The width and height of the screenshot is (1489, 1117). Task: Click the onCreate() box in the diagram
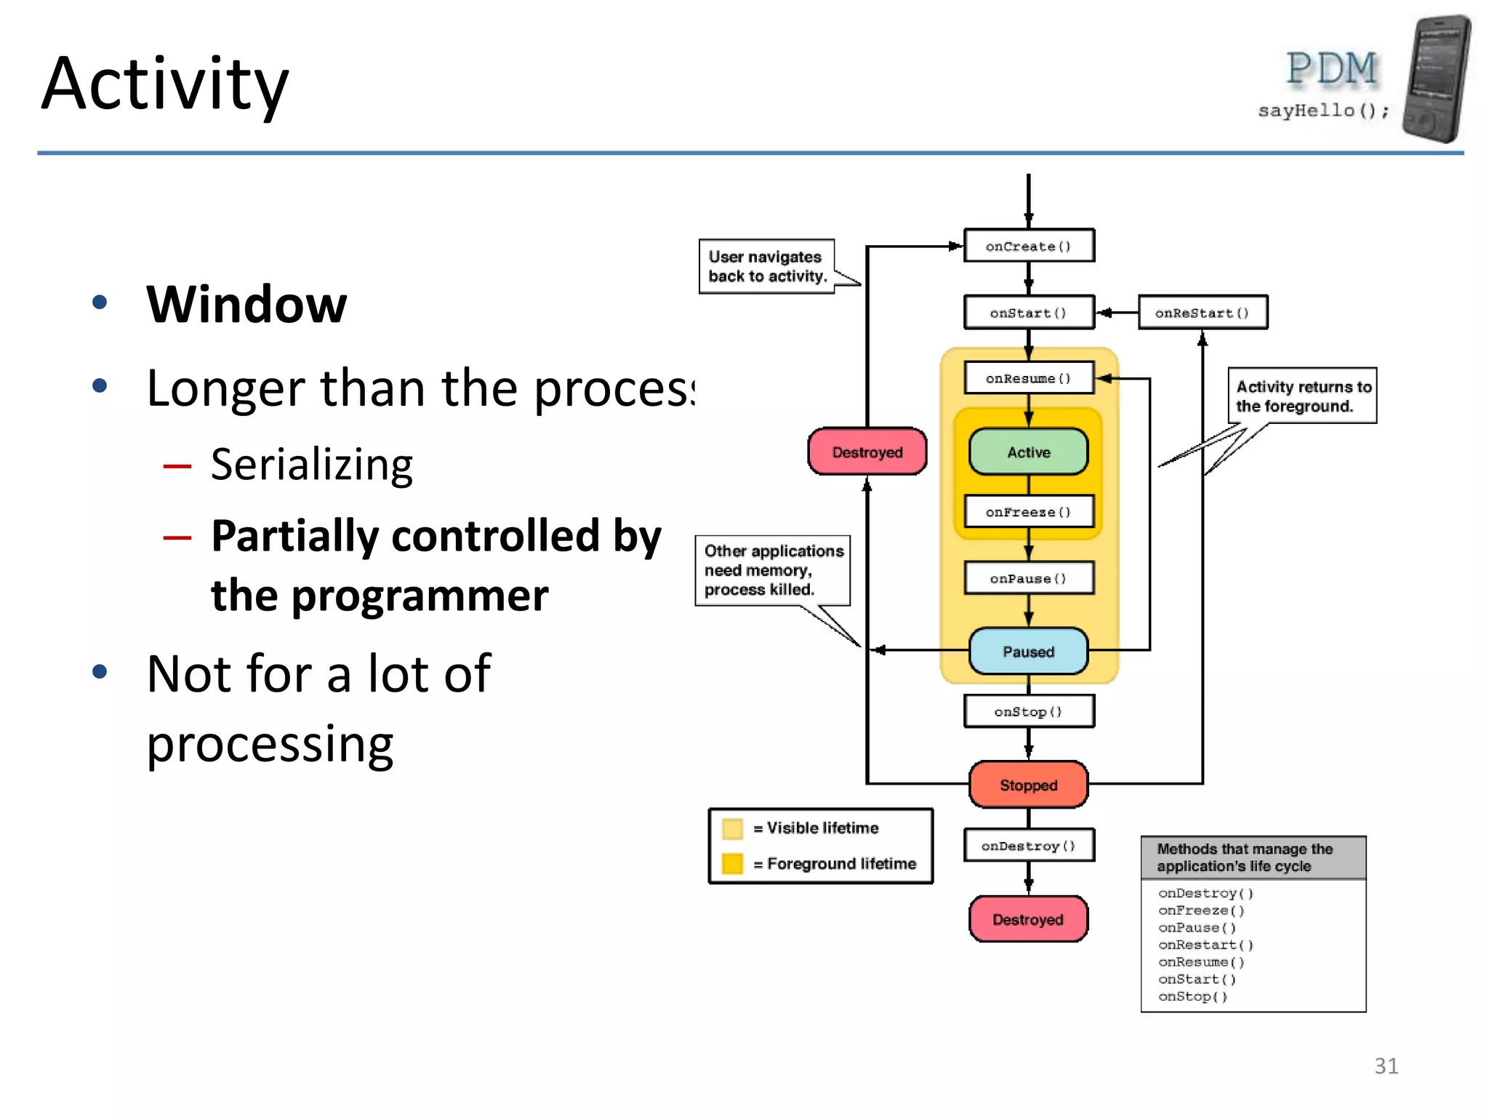[x=1028, y=246]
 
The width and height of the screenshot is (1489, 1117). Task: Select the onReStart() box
[x=1203, y=313]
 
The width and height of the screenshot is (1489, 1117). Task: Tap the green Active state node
[x=1028, y=452]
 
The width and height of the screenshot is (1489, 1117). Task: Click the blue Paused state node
[x=1028, y=652]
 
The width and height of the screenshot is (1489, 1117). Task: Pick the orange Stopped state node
[x=1028, y=785]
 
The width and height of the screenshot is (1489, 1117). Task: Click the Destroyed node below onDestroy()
[x=1028, y=919]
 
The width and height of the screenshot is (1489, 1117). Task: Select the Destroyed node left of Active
[x=867, y=452]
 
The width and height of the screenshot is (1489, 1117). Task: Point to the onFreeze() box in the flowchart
[x=1028, y=512]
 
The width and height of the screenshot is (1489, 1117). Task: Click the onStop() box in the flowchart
[x=1028, y=711]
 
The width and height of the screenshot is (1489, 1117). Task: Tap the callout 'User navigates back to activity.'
[x=766, y=267]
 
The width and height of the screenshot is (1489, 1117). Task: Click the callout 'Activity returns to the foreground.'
[x=1302, y=396]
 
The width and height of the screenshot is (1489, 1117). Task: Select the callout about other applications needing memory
[x=772, y=570]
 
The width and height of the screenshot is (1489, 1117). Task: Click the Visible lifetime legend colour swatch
[x=732, y=828]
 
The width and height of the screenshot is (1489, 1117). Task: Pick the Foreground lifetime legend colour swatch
[x=732, y=863]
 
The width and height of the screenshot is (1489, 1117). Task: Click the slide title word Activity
[x=165, y=84]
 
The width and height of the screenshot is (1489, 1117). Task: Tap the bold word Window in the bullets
[x=246, y=304]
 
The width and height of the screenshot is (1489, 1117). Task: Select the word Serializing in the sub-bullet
[x=312, y=464]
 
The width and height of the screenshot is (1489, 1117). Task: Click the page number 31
[x=1386, y=1065]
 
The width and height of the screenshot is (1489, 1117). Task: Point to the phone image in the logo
[x=1437, y=79]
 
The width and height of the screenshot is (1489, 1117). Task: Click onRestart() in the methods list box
[x=1205, y=945]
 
